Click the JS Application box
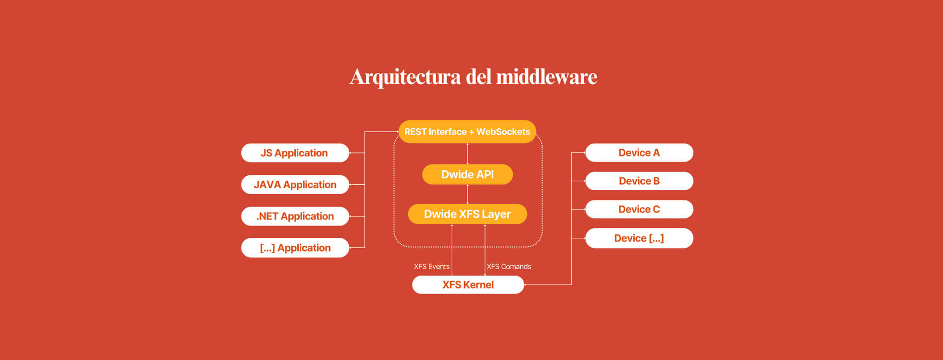tap(295, 153)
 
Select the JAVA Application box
tap(295, 185)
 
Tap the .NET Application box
tap(295, 216)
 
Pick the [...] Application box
tap(295, 248)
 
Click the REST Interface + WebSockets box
tap(468, 132)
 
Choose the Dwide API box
tap(468, 174)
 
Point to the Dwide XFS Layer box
tap(468, 214)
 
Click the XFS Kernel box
tap(468, 285)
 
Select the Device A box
tap(639, 152)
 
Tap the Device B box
tap(639, 181)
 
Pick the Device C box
tap(639, 209)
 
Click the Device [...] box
tap(639, 238)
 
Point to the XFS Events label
tap(432, 267)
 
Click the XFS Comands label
tap(509, 267)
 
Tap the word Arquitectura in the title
tap(405, 77)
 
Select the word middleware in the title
tap(547, 76)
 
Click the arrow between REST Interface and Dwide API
tap(468, 153)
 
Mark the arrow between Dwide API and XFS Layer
tap(468, 194)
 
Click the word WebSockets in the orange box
tap(503, 132)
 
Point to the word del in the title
tap(478, 76)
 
